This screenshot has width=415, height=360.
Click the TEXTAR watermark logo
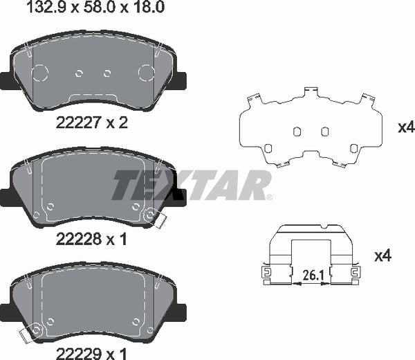(x=192, y=185)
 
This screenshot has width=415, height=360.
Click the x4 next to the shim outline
(x=405, y=127)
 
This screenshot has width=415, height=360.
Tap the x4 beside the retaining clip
(x=382, y=256)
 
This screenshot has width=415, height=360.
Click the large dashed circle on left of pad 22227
(x=39, y=73)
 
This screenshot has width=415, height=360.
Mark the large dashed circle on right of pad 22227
(x=147, y=73)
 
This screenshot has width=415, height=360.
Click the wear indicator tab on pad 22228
(x=155, y=219)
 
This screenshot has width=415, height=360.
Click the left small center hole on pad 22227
(x=79, y=73)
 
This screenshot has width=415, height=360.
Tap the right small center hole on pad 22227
(x=107, y=73)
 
